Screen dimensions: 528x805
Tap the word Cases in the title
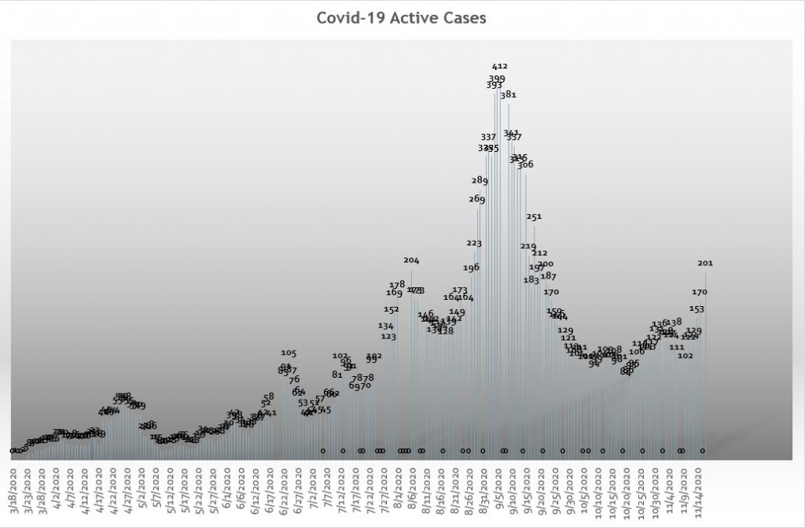click(x=464, y=17)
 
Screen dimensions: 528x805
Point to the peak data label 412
click(x=499, y=67)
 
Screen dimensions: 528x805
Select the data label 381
click(x=508, y=94)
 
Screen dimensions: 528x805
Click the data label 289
click(x=480, y=180)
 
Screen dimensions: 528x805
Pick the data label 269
click(x=476, y=199)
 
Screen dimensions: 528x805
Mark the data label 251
click(x=534, y=216)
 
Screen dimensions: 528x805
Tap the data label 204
click(x=411, y=260)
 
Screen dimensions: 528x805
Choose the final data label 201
click(x=705, y=263)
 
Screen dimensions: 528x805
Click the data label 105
click(x=289, y=353)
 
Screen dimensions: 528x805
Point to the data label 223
click(x=473, y=243)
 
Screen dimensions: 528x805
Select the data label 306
click(x=525, y=164)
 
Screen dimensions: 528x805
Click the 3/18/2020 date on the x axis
click(x=14, y=492)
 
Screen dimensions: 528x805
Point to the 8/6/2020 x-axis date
click(x=410, y=489)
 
